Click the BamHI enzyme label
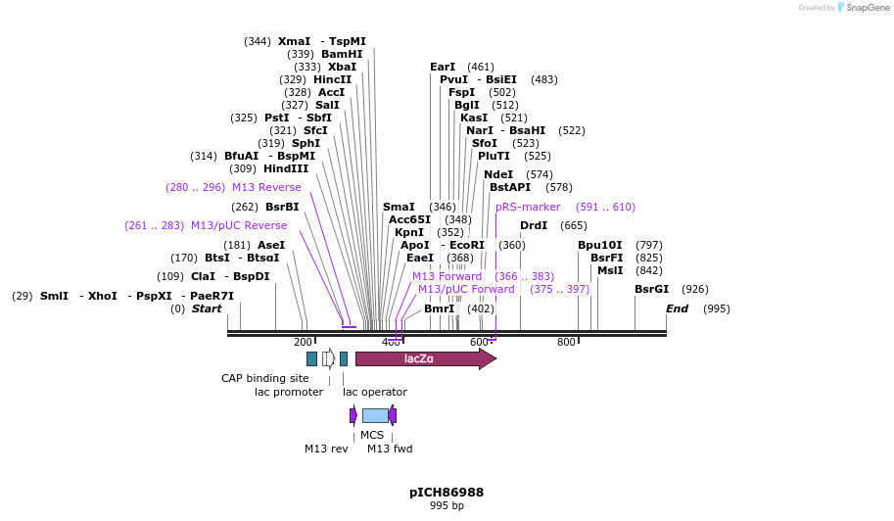(342, 54)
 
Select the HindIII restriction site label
(285, 168)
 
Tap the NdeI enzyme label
(498, 174)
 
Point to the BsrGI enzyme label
(651, 289)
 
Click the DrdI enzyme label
(534, 225)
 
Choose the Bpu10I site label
(599, 245)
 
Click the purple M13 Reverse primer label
(266, 187)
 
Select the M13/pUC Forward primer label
(466, 289)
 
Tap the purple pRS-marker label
(528, 207)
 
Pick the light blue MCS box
(375, 415)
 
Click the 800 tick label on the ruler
(566, 342)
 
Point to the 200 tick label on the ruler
(303, 342)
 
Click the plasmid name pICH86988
(447, 492)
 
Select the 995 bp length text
(447, 506)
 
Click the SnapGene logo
(861, 8)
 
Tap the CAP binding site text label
(264, 378)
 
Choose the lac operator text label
(374, 392)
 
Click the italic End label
(677, 308)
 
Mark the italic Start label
(207, 308)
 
